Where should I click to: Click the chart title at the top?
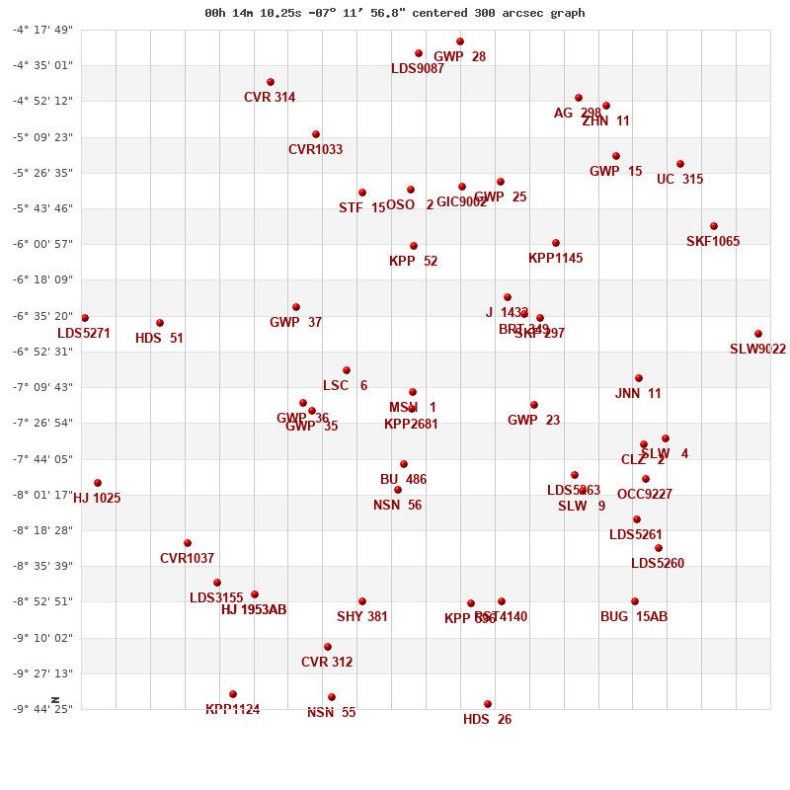[x=395, y=13]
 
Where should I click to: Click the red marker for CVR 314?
[x=271, y=82]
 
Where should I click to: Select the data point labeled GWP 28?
[x=460, y=41]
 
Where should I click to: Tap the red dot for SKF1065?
[x=714, y=226]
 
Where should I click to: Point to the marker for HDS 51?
[x=160, y=323]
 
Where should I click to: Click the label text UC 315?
[x=679, y=180]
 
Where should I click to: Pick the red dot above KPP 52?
[x=414, y=246]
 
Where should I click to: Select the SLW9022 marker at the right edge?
[x=758, y=334]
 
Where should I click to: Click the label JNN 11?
[x=638, y=394]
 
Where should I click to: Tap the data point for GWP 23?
[x=534, y=405]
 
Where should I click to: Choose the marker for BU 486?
[x=404, y=464]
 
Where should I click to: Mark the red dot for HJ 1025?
[x=98, y=483]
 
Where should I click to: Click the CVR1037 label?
[x=187, y=559]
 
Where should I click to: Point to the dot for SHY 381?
[x=362, y=601]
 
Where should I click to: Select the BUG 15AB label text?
[x=634, y=617]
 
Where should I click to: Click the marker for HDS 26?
[x=488, y=704]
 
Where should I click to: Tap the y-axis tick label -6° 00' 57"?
[x=42, y=244]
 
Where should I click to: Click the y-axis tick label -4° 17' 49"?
[x=42, y=30]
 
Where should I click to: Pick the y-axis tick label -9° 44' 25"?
[x=42, y=709]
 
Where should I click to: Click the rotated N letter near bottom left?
[x=55, y=700]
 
